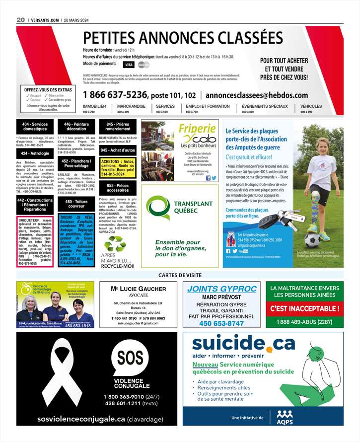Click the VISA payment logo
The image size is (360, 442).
[129, 65]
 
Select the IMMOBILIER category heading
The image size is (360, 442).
[94, 106]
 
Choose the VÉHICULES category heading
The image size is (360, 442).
[311, 106]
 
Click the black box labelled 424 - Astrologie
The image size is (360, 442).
[35, 154]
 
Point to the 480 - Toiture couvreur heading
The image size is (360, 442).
[76, 204]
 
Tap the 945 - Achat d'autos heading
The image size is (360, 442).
[117, 150]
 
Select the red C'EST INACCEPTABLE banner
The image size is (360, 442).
[305, 308]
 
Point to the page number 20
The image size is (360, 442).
[20, 19]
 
